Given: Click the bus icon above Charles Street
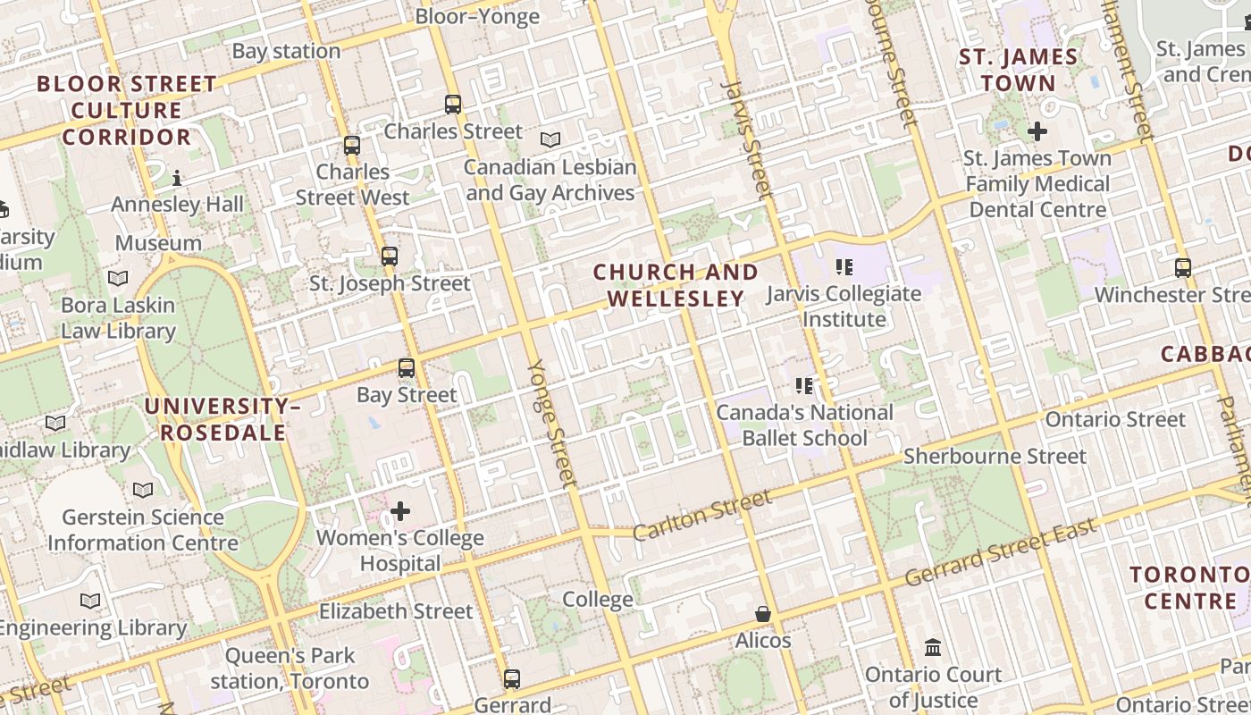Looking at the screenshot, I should click(x=453, y=105).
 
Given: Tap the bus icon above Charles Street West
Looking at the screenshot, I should click(x=352, y=145).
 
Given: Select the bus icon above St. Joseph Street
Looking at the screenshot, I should click(x=389, y=257).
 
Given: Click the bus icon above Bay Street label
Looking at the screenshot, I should click(x=407, y=368).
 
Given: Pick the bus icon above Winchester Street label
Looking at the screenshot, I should click(x=1183, y=267).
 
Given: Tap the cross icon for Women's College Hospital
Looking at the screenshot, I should click(x=400, y=511).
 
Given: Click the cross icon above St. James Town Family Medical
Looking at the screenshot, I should click(x=1037, y=131).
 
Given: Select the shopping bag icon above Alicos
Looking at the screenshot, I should click(x=763, y=614).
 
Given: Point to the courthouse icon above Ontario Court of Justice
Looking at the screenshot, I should click(x=933, y=647).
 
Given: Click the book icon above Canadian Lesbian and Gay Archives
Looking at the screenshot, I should click(x=550, y=140).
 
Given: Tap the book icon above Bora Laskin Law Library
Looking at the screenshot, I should click(x=118, y=278).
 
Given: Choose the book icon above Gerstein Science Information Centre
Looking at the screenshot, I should click(x=143, y=490).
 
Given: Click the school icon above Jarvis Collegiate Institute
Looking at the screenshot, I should click(x=844, y=266).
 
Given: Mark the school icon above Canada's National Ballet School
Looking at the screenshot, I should click(x=804, y=386).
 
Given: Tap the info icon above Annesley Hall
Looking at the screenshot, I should click(x=177, y=178).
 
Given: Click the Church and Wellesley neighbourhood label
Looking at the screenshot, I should click(x=676, y=285).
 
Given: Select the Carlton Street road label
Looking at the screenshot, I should click(x=701, y=516).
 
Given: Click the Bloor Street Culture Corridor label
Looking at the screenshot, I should click(x=126, y=111).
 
